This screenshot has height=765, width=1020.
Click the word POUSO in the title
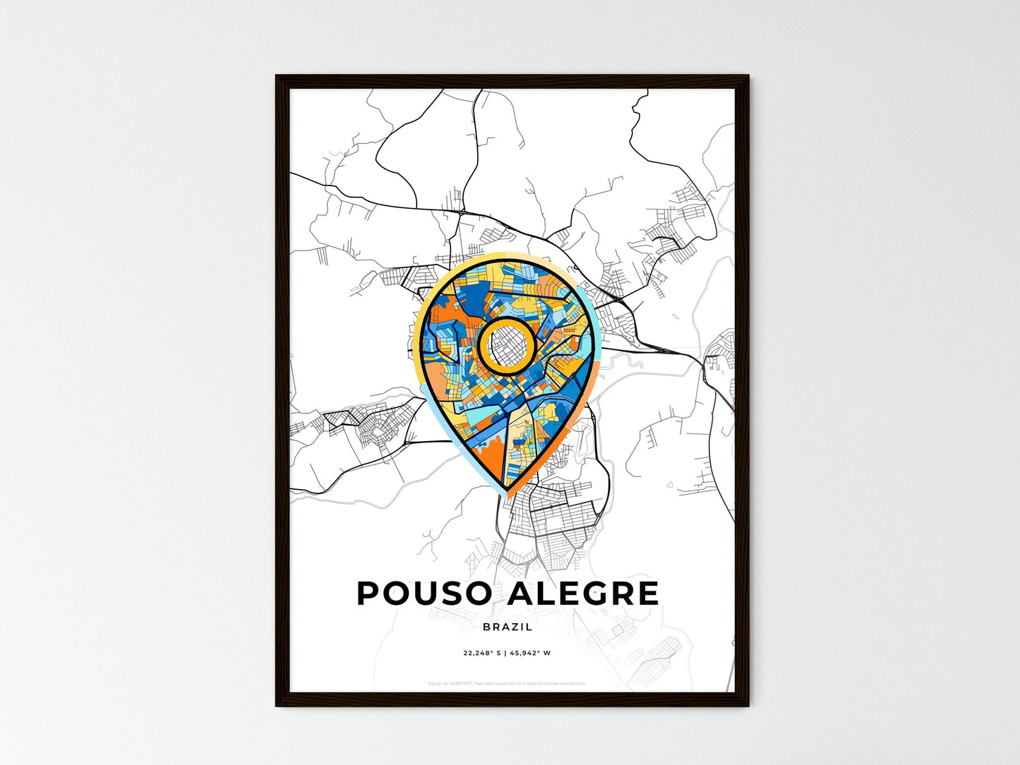pyautogui.click(x=424, y=594)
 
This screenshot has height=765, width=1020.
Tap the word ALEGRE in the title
pyautogui.click(x=583, y=594)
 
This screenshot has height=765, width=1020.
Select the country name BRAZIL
pyautogui.click(x=508, y=627)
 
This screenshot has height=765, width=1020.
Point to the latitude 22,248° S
pyautogui.click(x=481, y=653)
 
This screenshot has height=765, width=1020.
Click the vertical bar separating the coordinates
pyautogui.click(x=505, y=653)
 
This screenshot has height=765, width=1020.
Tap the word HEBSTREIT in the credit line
pyautogui.click(x=463, y=683)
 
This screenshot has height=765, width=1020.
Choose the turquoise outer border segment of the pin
pyautogui.click(x=594, y=332)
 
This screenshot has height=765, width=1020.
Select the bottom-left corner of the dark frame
pyautogui.click(x=277, y=704)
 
